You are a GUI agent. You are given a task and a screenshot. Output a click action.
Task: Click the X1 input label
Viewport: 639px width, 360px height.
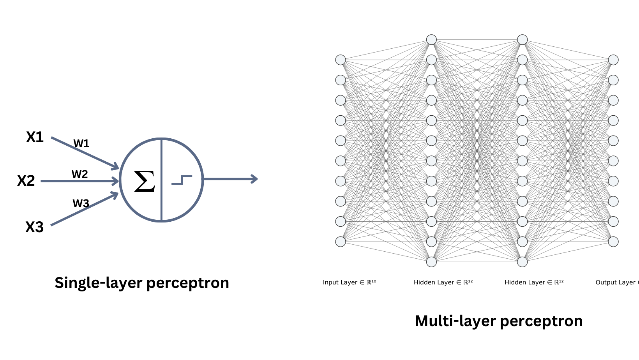point(35,137)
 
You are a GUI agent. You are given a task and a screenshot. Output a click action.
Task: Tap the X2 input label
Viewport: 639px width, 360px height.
point(26,181)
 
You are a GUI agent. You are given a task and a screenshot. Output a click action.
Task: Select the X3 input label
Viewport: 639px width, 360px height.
point(34,227)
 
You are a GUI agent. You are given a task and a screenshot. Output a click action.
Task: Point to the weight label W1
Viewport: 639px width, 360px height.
point(81,144)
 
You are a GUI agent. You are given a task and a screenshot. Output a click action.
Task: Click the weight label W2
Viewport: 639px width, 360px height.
point(80,174)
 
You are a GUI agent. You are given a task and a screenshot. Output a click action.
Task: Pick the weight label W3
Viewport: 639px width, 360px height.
point(81,203)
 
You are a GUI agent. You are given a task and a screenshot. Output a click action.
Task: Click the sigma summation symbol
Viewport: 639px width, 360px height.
point(145,182)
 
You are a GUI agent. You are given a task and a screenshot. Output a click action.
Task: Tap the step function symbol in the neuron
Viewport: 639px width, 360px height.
point(182,180)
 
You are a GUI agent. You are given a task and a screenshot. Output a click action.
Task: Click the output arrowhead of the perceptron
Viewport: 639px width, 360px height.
point(254,179)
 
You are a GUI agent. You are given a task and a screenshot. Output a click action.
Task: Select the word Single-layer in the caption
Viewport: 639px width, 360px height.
point(98,283)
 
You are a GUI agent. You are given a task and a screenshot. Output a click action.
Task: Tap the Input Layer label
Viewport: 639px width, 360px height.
point(349,282)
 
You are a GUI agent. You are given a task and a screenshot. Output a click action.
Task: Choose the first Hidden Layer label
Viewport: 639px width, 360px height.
point(443,282)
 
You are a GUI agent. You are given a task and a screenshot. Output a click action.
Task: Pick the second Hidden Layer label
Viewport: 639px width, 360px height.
point(534,282)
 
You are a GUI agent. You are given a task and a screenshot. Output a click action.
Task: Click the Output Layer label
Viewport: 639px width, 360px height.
point(616,282)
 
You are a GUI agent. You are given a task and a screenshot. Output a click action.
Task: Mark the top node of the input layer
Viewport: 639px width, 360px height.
point(341,60)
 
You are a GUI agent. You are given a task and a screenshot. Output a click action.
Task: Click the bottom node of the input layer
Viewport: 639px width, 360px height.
point(341,242)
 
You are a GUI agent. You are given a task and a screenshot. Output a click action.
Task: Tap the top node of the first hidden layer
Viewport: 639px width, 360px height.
point(431,40)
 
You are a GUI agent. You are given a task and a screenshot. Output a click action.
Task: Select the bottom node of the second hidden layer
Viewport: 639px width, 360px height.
point(522,262)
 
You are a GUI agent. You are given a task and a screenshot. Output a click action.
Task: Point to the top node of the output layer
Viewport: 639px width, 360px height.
point(613,60)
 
